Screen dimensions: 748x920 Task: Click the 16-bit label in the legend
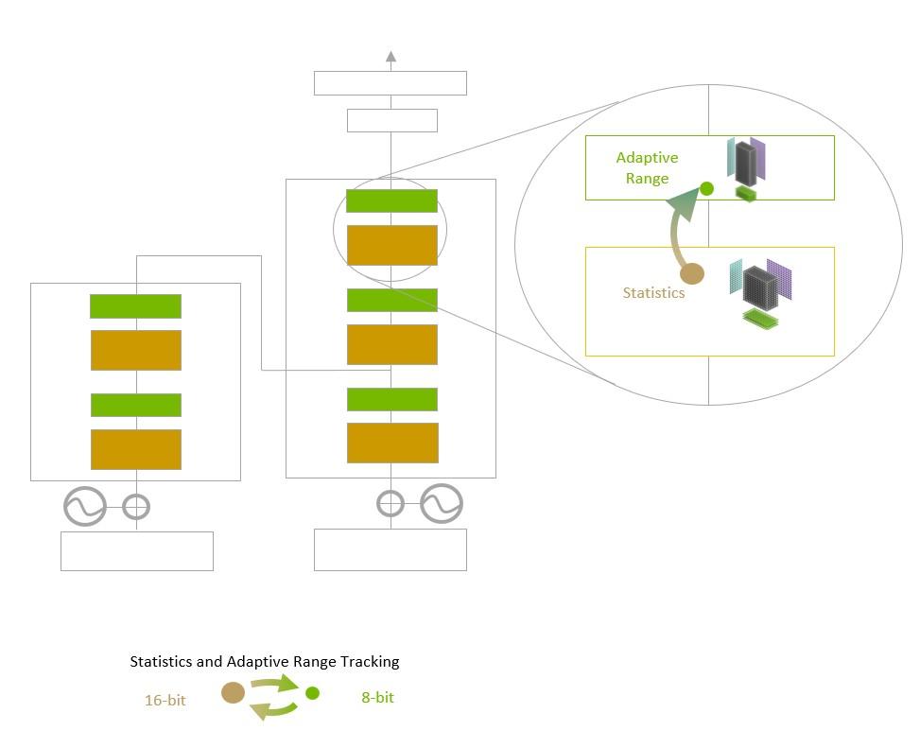point(165,701)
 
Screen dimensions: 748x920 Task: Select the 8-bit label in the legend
point(377,698)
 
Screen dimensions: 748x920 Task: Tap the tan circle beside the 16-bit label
point(233,693)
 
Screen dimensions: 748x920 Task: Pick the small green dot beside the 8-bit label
point(313,693)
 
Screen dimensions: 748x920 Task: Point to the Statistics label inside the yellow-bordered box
point(653,293)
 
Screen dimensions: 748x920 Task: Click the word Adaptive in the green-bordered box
point(647,158)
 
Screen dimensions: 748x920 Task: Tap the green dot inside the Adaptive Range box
point(706,189)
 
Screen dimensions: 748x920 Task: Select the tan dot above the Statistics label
point(692,274)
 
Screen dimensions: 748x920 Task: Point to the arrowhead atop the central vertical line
point(391,57)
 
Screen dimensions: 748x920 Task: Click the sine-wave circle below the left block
point(84,507)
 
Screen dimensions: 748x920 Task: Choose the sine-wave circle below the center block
point(442,504)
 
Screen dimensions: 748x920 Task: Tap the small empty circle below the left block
point(137,507)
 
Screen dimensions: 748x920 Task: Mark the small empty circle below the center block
point(391,504)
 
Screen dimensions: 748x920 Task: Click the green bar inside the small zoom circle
point(391,201)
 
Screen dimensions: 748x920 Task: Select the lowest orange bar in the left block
point(135,449)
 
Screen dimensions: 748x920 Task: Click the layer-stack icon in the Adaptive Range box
point(746,168)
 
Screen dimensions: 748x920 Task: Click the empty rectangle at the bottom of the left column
point(136,550)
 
